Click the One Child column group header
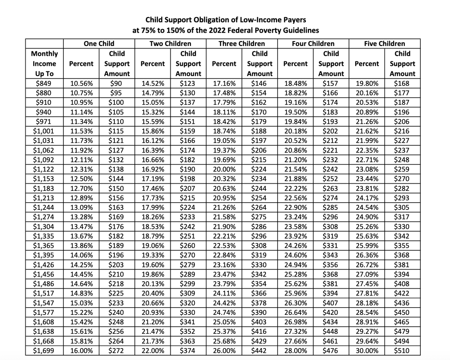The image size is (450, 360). pyautogui.click(x=99, y=44)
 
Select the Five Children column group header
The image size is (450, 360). pyautogui.click(x=384, y=44)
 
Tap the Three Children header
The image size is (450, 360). pyautogui.click(x=242, y=44)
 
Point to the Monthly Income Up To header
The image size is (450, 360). pyautogui.click(x=45, y=64)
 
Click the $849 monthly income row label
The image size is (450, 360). pyautogui.click(x=43, y=83)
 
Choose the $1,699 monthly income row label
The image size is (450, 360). pyautogui.click(x=43, y=350)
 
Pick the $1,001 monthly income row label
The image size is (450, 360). pyautogui.click(x=43, y=131)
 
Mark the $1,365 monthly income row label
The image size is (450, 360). pyautogui.click(x=43, y=246)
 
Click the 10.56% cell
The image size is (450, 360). pyautogui.click(x=81, y=83)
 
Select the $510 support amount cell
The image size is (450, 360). pyautogui.click(x=402, y=350)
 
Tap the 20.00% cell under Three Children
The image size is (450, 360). pyautogui.click(x=224, y=169)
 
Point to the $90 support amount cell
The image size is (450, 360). pyautogui.click(x=116, y=83)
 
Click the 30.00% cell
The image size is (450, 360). pyautogui.click(x=367, y=350)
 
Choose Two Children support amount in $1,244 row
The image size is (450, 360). pyautogui.click(x=187, y=208)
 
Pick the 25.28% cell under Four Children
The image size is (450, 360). pyautogui.click(x=296, y=274)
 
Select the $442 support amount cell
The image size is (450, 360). pyautogui.click(x=259, y=350)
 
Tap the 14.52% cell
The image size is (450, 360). pyautogui.click(x=153, y=83)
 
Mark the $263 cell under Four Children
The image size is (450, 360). pyautogui.click(x=330, y=188)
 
